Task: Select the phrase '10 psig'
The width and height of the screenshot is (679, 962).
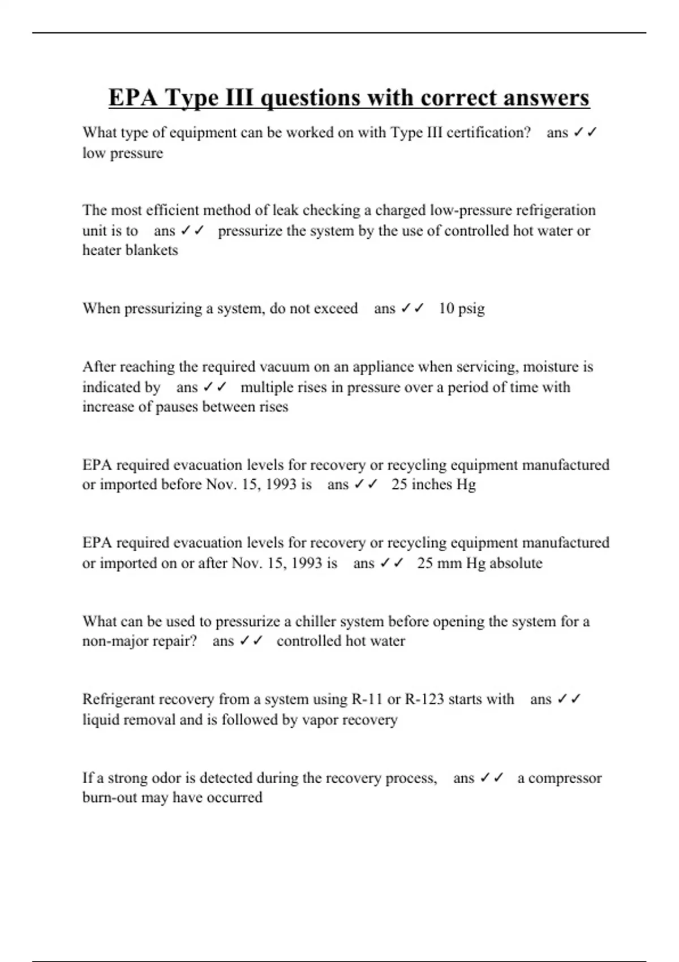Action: [462, 308]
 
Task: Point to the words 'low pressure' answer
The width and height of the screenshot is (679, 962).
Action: [123, 153]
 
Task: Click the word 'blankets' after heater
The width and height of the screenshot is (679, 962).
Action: [152, 250]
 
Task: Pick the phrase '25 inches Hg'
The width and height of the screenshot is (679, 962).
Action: [433, 484]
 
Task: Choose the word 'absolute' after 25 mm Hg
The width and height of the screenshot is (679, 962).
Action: [515, 563]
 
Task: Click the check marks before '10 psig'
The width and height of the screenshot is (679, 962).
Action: [412, 308]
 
